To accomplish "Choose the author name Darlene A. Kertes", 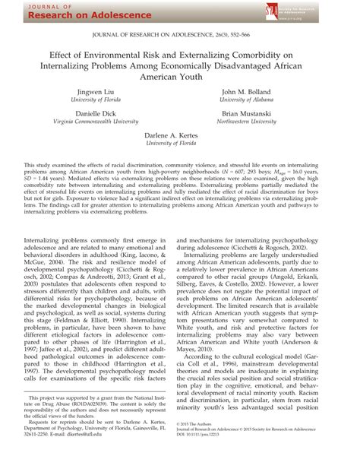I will click(x=179, y=134).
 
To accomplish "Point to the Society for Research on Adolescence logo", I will click(x=300, y=10).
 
